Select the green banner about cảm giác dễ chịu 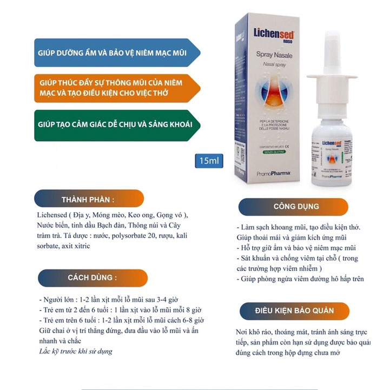coord(114,124)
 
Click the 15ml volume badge coord(208,161)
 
